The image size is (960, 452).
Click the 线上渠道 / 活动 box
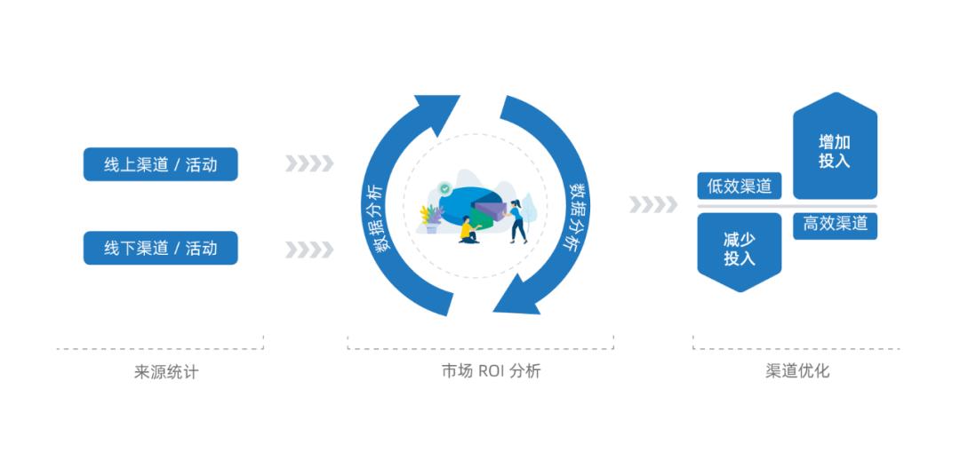[161, 164]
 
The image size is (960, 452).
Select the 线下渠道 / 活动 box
[161, 248]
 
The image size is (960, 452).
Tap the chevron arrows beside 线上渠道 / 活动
[309, 164]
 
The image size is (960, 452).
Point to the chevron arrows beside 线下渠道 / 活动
[309, 250]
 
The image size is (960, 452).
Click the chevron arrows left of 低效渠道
[653, 205]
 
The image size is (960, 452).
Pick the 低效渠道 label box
[739, 186]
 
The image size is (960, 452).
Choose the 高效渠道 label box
[835, 225]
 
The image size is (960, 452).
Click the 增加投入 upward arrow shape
[835, 149]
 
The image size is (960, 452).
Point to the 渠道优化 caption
[796, 371]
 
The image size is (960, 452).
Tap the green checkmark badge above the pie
[444, 188]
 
